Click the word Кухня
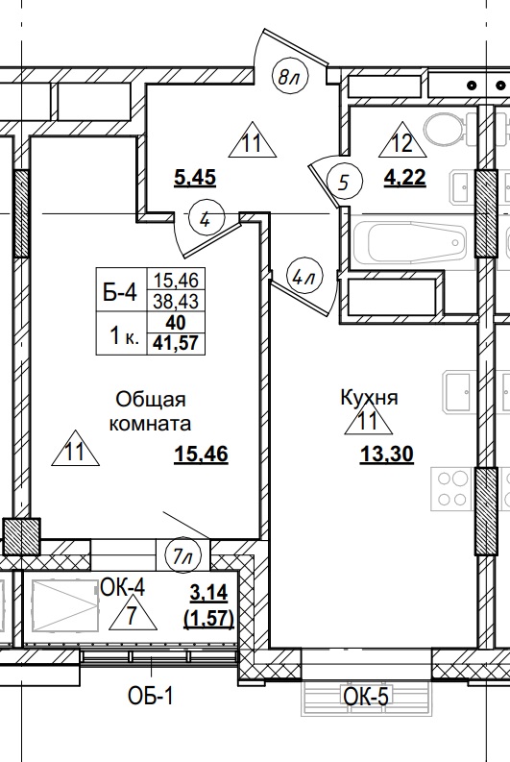(x=369, y=397)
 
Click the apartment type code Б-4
(x=120, y=292)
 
